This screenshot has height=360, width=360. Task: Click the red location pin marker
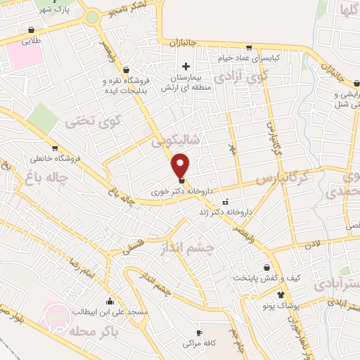(181, 165)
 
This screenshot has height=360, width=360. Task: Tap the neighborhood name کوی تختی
(94, 122)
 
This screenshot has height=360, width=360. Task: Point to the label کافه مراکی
(199, 345)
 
